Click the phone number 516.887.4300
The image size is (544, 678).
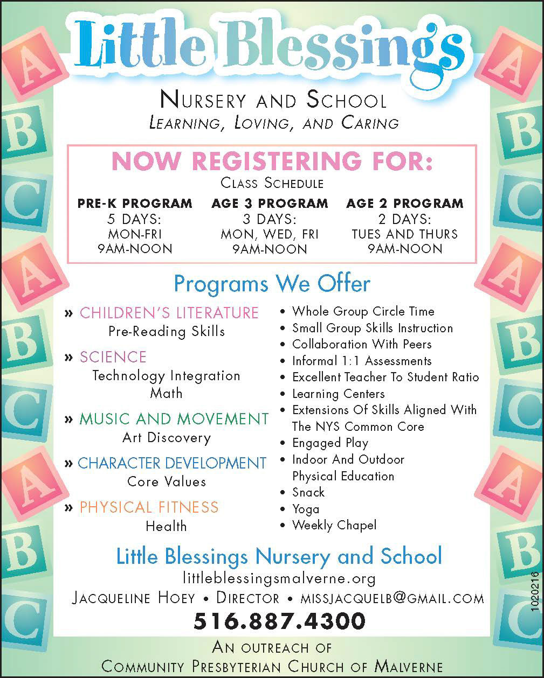pyautogui.click(x=279, y=621)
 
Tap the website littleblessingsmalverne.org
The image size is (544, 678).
pyautogui.click(x=279, y=579)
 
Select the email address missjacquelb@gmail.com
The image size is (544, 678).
pyautogui.click(x=392, y=598)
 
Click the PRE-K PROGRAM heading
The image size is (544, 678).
pyautogui.click(x=135, y=204)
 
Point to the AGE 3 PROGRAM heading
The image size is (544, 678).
pyautogui.click(x=270, y=204)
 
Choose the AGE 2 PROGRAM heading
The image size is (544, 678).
pyautogui.click(x=404, y=204)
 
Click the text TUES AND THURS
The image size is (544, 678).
pyautogui.click(x=404, y=234)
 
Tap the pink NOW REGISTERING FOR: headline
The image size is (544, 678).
pyautogui.click(x=272, y=162)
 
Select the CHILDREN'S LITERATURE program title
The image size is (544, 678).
pyautogui.click(x=169, y=313)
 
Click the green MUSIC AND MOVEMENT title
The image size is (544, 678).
pyautogui.click(x=174, y=419)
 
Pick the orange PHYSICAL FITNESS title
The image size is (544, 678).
pyautogui.click(x=149, y=507)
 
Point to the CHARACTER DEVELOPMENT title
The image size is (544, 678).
pyautogui.click(x=171, y=463)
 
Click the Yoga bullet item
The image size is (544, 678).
pyautogui.click(x=306, y=509)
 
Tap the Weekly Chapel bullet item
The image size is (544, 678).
pyautogui.click(x=334, y=525)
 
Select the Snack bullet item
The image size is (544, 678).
pyautogui.click(x=308, y=492)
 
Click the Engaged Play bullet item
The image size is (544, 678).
pyautogui.click(x=330, y=443)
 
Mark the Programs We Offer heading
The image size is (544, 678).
pyautogui.click(x=272, y=283)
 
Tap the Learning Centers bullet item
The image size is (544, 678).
pyautogui.click(x=338, y=394)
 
